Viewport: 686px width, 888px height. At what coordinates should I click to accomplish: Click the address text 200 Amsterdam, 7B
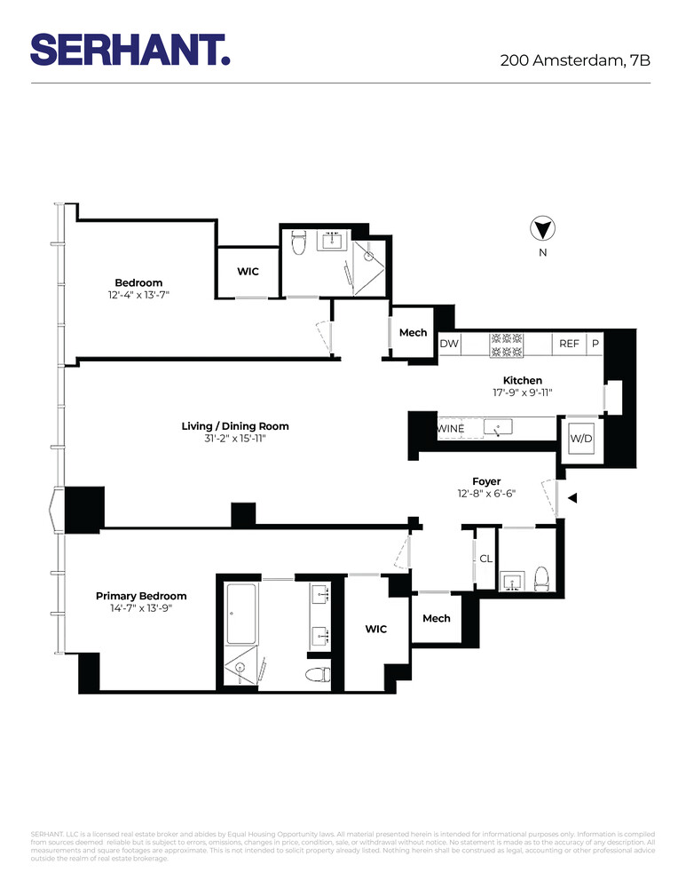575,61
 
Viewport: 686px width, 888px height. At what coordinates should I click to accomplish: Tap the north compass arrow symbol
542,230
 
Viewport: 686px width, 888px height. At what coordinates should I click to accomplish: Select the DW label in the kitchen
449,344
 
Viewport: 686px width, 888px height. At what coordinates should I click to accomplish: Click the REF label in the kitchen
568,344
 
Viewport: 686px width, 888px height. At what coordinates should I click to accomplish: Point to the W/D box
581,438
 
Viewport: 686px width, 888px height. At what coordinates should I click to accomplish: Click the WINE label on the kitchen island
451,429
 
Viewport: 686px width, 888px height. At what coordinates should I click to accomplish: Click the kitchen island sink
498,429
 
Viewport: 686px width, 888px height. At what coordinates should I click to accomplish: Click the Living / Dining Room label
235,426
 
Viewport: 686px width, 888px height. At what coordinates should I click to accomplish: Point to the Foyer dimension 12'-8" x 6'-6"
485,495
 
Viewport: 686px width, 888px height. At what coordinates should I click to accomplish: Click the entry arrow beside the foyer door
572,498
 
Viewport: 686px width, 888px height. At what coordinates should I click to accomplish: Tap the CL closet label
485,559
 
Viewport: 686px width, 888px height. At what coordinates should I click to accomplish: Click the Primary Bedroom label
141,596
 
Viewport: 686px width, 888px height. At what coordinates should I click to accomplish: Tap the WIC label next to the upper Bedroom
248,271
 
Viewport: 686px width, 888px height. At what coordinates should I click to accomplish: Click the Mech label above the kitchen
413,333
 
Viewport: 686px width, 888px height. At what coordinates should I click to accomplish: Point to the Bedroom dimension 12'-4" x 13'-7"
138,295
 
